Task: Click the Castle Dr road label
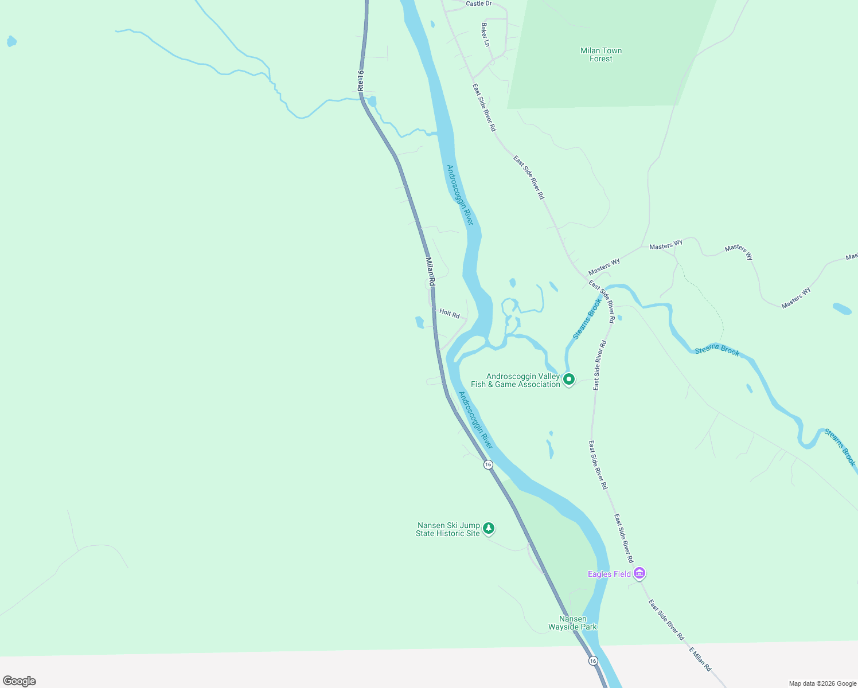coord(478,3)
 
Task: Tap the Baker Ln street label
coord(485,34)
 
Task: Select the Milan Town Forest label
coord(600,54)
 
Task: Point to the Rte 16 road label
coord(360,81)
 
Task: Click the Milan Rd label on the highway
coord(430,271)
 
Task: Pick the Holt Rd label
coord(450,314)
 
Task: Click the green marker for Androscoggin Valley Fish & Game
coord(569,379)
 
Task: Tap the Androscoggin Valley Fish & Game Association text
coord(516,381)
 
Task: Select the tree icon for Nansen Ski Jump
coord(489,528)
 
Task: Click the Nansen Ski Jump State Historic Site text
coord(448,529)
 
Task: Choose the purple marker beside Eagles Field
coord(640,573)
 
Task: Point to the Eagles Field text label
coord(609,574)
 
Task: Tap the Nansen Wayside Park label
coord(572,623)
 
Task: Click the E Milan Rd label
coord(700,659)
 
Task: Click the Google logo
coord(19,681)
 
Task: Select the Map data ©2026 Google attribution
coord(822,683)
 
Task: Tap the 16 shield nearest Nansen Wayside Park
coord(593,661)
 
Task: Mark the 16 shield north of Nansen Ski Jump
coord(488,464)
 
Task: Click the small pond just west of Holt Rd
coord(419,322)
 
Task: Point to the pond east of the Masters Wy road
coord(842,308)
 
